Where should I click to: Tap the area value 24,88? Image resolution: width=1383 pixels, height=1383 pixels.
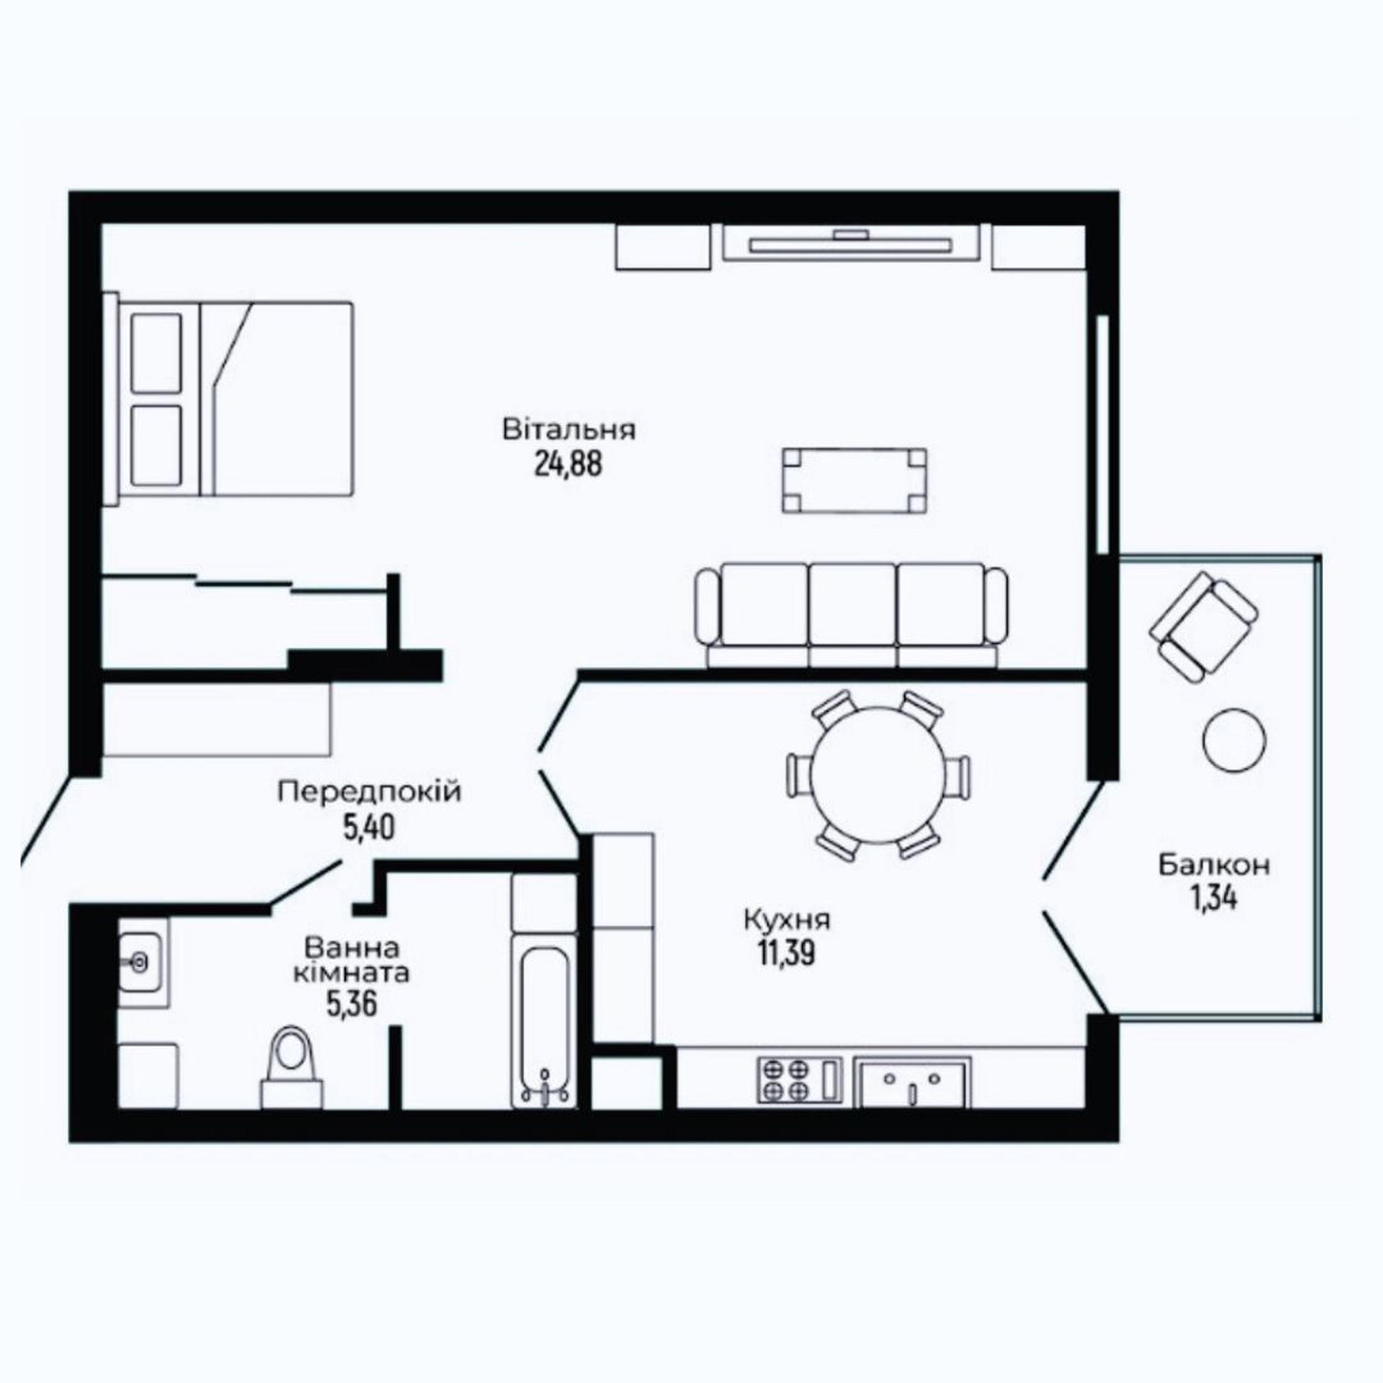(x=568, y=465)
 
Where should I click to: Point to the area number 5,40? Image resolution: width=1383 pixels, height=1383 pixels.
(x=370, y=828)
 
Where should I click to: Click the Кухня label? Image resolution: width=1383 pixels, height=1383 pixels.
(x=787, y=920)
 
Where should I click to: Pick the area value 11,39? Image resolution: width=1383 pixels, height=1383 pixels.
(x=787, y=954)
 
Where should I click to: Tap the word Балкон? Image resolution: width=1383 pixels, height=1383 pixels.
(x=1215, y=865)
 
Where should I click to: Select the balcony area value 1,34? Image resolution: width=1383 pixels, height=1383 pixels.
(x=1214, y=898)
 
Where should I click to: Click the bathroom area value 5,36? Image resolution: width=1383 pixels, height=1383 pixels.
(x=351, y=1005)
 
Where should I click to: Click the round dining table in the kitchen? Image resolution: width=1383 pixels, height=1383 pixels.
(x=878, y=774)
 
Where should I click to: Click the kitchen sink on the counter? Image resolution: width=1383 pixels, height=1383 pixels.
(x=913, y=1084)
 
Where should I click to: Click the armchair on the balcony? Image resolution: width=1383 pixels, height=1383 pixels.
(x=1203, y=630)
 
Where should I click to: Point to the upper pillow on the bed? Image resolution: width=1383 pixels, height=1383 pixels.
(x=156, y=353)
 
